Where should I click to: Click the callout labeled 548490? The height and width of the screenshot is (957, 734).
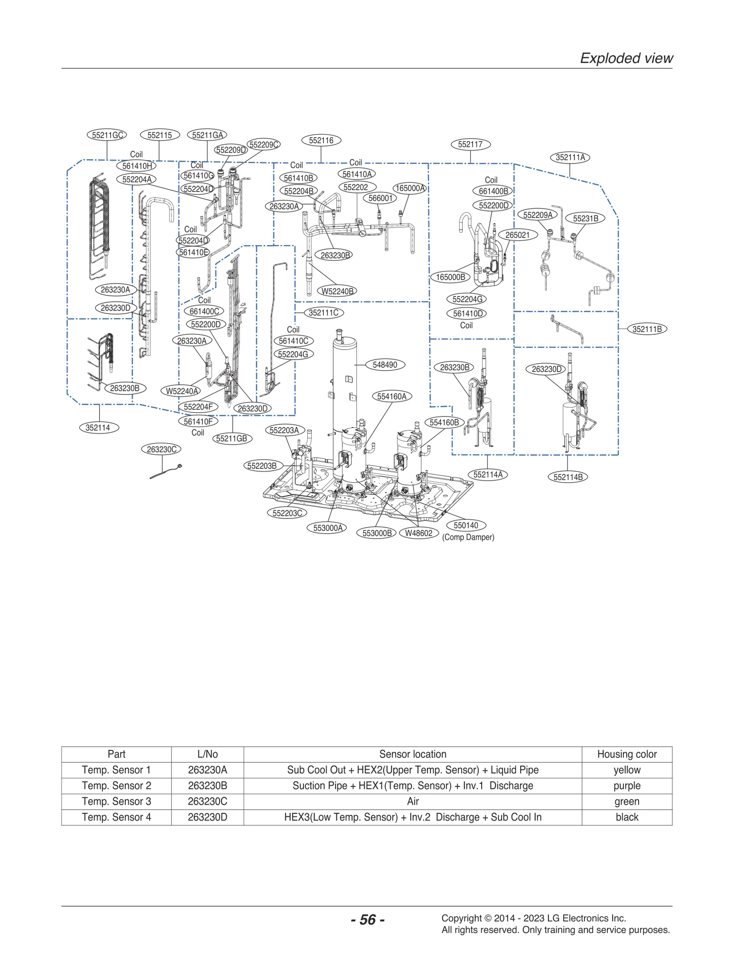coord(384,365)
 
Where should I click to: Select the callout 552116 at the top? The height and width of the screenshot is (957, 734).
coord(321,141)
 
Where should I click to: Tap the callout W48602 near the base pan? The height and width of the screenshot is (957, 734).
coord(418,533)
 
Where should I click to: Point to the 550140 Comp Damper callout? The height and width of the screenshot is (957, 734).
coord(466,525)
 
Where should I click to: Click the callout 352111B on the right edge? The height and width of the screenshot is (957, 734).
coord(647,329)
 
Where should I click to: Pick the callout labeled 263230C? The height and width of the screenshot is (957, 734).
coord(161,449)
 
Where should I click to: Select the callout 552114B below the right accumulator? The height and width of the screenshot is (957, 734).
coord(567,477)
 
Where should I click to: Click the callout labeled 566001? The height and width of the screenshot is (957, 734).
coord(380,198)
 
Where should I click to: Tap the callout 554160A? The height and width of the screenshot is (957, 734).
coord(391,396)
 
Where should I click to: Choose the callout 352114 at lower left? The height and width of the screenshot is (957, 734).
coord(98,428)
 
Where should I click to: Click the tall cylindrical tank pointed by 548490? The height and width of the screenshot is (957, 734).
coord(345,381)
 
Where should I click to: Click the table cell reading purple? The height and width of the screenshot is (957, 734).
coord(626,786)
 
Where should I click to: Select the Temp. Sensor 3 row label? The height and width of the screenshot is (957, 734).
coord(116,801)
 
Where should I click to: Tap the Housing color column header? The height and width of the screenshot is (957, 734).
coord(626,754)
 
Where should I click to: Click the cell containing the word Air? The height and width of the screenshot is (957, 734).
coord(412,801)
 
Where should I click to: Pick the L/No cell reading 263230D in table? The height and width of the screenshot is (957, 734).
coord(207,817)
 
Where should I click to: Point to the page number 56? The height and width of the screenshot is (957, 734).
coord(367,919)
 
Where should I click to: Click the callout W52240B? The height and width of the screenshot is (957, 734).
coord(337,291)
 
